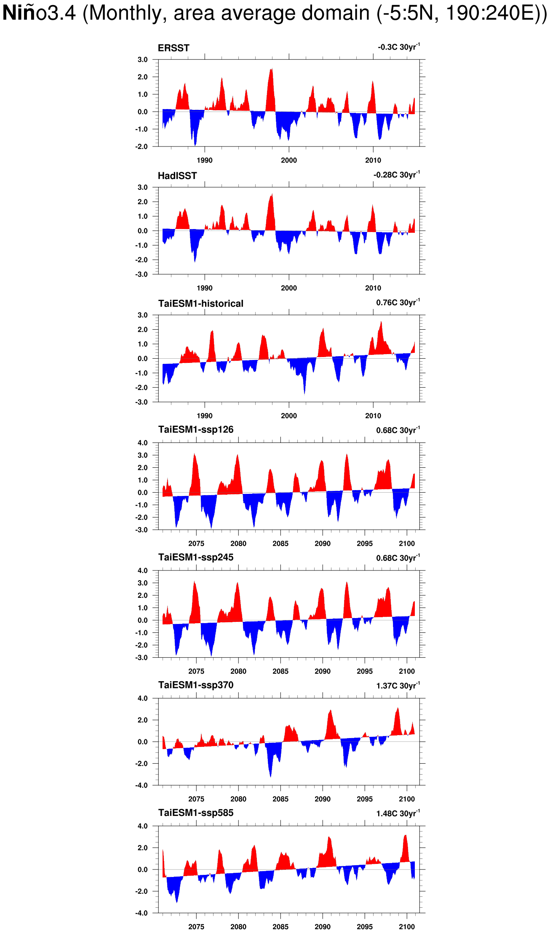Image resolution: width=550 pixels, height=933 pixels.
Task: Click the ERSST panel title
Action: tap(174, 48)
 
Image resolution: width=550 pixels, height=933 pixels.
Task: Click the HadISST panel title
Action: tap(177, 176)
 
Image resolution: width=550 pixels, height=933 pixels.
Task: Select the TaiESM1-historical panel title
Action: tap(201, 304)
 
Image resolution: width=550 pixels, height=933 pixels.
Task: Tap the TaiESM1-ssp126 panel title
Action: tap(196, 429)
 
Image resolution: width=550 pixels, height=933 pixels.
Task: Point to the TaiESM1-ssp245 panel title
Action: tap(196, 557)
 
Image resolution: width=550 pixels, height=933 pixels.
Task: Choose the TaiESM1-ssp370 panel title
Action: tap(196, 685)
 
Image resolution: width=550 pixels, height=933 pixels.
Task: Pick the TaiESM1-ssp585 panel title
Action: tap(196, 813)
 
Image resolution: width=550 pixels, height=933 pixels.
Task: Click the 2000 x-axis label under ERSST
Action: tap(289, 160)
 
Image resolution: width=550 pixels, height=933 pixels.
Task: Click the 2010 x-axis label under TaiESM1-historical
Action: tap(373, 416)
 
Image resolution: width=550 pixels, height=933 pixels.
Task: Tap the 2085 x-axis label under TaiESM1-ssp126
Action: tap(280, 544)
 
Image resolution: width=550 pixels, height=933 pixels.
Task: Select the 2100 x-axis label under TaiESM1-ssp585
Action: tap(407, 927)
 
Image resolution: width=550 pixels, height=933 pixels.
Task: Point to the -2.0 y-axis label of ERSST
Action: tap(142, 147)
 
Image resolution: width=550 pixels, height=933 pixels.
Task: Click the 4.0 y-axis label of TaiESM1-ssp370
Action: tap(143, 698)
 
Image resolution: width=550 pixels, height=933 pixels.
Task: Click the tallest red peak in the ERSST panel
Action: tap(272, 69)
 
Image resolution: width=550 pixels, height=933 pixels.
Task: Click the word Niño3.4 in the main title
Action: tap(39, 13)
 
